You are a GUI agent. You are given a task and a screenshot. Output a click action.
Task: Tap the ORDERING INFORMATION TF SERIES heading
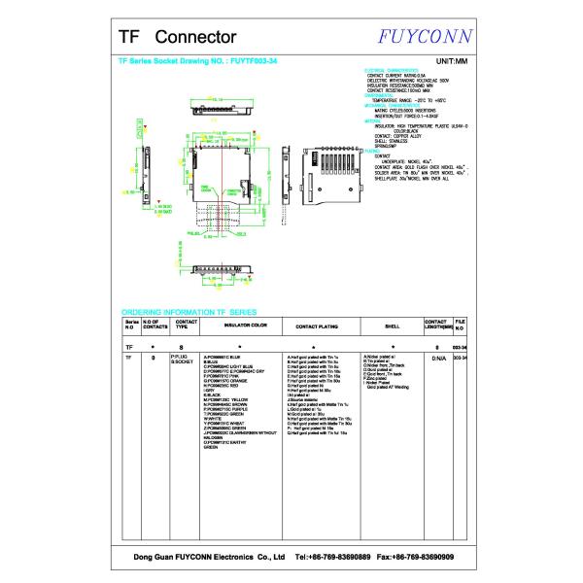click(x=188, y=311)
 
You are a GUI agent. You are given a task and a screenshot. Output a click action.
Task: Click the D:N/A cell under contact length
click(x=438, y=358)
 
